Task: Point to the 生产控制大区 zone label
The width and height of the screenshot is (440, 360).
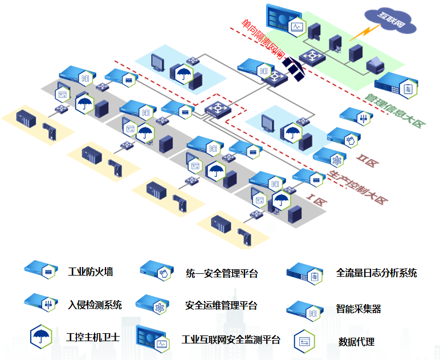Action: (x=358, y=188)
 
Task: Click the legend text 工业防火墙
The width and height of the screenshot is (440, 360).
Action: (x=90, y=272)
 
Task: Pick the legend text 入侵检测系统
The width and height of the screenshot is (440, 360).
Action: (x=95, y=305)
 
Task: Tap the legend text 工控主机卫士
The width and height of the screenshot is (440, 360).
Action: (x=93, y=337)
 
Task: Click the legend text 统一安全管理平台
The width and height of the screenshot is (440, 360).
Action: (x=222, y=273)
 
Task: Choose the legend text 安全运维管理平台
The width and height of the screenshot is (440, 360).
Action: (x=221, y=305)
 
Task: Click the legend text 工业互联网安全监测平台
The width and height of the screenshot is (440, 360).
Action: (x=231, y=339)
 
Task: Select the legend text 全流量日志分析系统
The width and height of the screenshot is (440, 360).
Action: (x=376, y=273)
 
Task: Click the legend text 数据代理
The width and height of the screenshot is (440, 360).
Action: (x=356, y=342)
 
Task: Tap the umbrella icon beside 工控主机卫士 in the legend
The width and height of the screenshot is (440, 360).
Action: (x=40, y=335)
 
